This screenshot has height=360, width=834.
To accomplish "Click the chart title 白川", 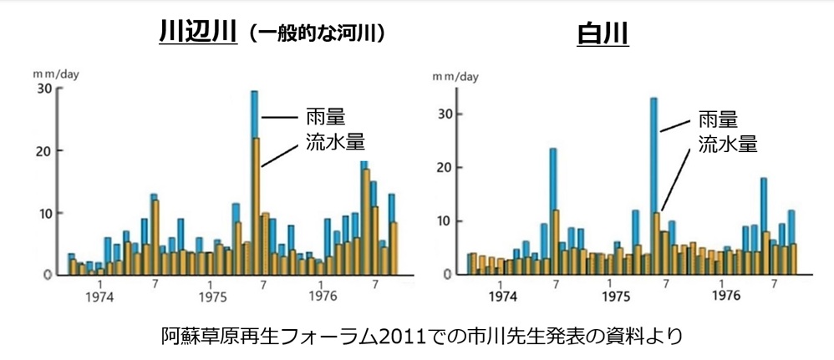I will (603, 33).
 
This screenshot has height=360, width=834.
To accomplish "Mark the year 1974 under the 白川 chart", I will (503, 297).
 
